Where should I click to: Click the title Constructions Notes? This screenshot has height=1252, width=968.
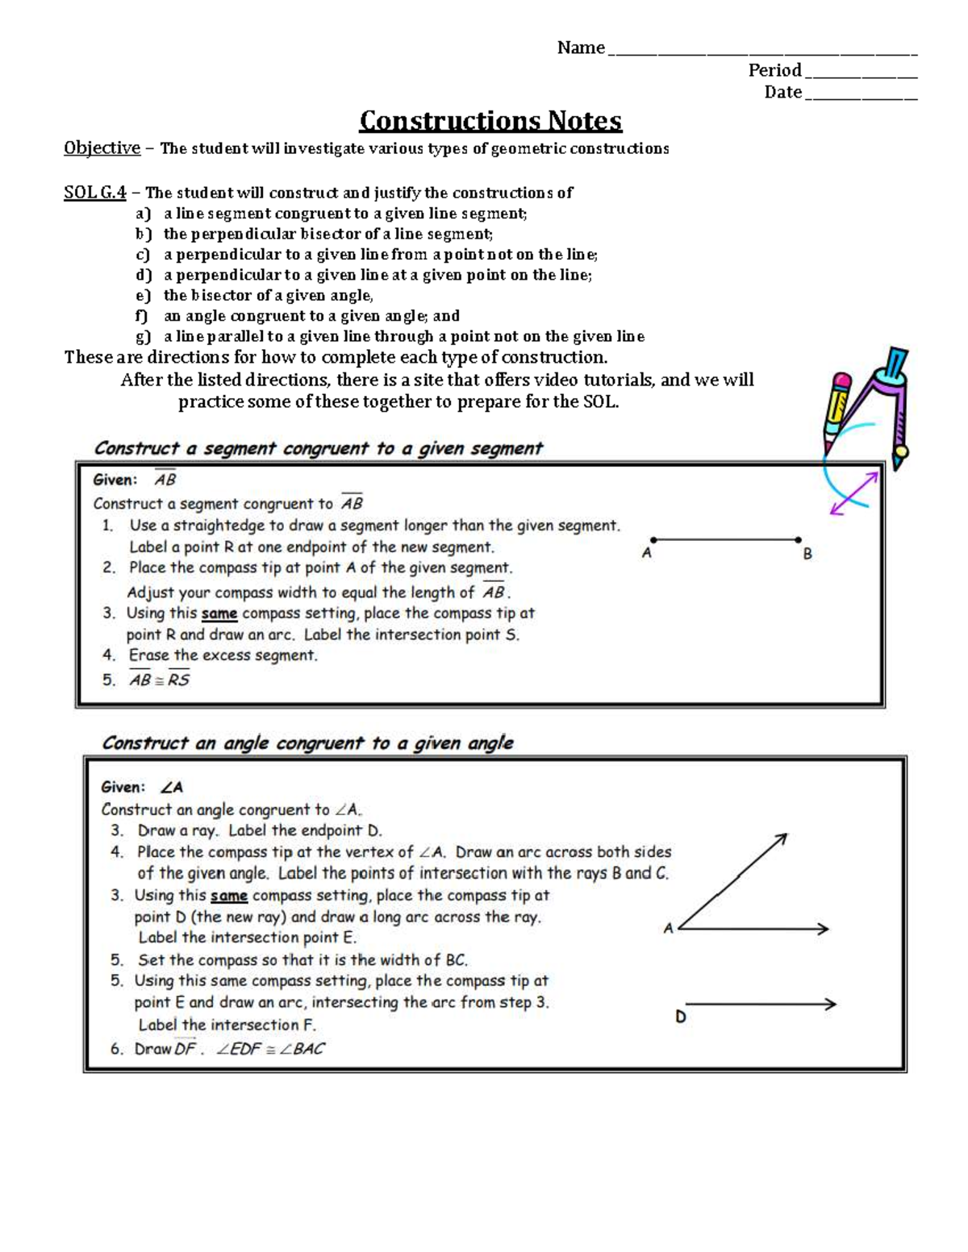point(490,121)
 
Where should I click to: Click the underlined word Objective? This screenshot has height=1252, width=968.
point(102,148)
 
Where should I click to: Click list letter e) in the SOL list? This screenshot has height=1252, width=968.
point(143,296)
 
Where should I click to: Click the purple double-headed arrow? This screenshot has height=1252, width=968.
point(853,493)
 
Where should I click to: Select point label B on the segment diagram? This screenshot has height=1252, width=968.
point(807,555)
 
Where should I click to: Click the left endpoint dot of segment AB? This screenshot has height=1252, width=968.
point(653,539)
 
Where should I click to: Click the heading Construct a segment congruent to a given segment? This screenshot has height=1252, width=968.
point(319,448)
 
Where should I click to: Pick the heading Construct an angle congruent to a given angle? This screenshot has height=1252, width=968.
point(307,743)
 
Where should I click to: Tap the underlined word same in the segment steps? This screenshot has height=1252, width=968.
point(219,614)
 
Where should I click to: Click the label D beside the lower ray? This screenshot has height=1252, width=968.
point(681,1017)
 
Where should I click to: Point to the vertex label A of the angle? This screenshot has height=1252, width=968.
point(668,929)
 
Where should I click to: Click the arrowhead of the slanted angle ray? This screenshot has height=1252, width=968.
point(781,839)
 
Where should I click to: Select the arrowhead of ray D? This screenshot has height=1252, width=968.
point(830,1004)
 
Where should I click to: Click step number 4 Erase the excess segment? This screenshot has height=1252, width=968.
point(109,656)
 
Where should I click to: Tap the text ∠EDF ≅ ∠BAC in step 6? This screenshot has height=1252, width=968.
point(270,1050)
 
